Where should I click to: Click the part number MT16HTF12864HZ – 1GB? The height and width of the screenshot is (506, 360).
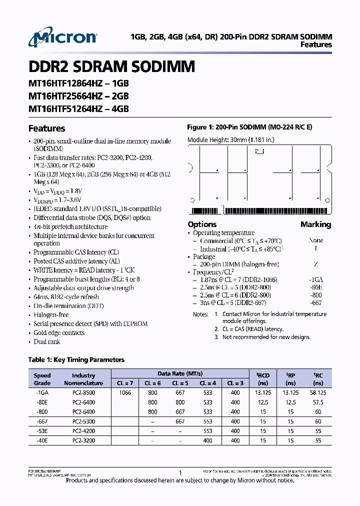(x=78, y=85)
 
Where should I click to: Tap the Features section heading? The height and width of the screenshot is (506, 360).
(x=46, y=128)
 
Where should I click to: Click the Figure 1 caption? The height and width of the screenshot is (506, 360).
(x=249, y=127)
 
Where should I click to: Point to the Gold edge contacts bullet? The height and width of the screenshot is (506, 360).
(x=58, y=333)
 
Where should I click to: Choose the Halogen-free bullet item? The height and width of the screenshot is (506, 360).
(x=51, y=315)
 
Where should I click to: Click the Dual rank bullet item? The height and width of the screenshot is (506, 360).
(x=46, y=342)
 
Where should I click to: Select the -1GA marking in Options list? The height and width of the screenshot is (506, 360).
(x=315, y=280)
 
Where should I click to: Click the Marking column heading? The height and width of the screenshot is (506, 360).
(x=315, y=224)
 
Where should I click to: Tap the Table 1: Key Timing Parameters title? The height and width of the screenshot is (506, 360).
(x=76, y=360)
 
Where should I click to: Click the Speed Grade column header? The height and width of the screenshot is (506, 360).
(x=42, y=379)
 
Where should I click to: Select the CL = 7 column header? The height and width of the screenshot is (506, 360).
(x=125, y=383)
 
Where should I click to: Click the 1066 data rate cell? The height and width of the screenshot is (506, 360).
(x=125, y=393)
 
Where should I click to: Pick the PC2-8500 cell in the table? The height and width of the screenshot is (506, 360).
(x=83, y=393)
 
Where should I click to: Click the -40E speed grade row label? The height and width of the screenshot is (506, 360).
(x=42, y=441)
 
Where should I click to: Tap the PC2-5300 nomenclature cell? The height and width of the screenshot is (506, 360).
(x=83, y=422)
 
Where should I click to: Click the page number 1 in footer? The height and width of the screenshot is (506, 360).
(x=180, y=472)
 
